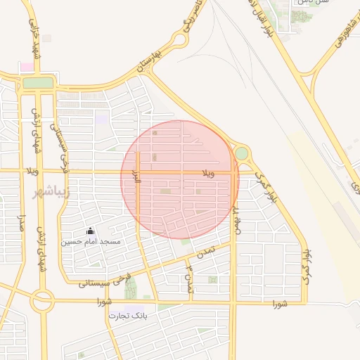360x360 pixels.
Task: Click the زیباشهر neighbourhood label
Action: [52, 192]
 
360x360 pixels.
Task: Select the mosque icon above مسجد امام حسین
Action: [90, 231]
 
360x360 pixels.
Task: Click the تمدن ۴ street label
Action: [188, 276]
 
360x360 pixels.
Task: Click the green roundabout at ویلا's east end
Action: [241, 153]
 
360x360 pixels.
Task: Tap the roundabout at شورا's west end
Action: [42, 301]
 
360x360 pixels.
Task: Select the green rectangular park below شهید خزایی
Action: [38, 83]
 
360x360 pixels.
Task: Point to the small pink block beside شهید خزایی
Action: [27, 67]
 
